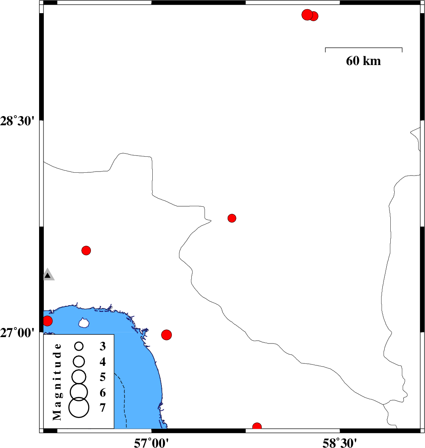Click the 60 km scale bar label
[x=363, y=61]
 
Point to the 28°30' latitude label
[x=17, y=121]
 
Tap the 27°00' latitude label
[x=17, y=333]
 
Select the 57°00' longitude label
[x=151, y=443]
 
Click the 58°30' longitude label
[x=340, y=443]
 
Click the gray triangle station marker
[x=48, y=274]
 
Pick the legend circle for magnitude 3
[x=79, y=346]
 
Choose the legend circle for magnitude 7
[x=79, y=407]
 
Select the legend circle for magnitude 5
[x=79, y=377]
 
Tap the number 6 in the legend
[x=103, y=393]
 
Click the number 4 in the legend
[x=103, y=362]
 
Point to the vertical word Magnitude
[x=57, y=382]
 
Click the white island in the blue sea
[x=84, y=323]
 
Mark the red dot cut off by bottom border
[x=257, y=426]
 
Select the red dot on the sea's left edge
[x=47, y=321]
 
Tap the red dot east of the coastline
[x=167, y=335]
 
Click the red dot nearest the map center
[x=232, y=218]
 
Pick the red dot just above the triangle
[x=86, y=251]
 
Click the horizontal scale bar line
[x=364, y=48]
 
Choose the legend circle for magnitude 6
[x=79, y=392]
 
